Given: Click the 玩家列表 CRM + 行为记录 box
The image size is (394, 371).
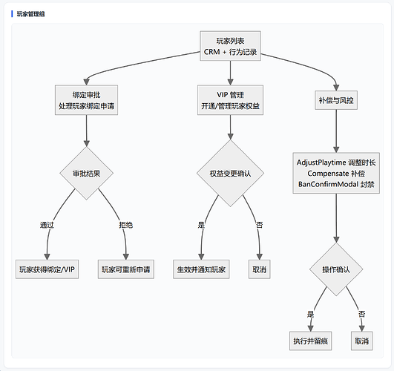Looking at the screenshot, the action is pos(230,46).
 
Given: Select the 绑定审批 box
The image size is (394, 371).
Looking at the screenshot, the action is pos(86,100).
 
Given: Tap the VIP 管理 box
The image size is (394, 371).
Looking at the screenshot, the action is pos(230,100).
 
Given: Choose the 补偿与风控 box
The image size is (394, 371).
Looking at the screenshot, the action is pos(336,100).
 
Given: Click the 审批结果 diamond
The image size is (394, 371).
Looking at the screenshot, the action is pos(86,173).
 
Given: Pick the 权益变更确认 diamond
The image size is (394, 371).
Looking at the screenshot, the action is pos(230,173).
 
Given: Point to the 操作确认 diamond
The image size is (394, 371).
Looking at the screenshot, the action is pos(336,269).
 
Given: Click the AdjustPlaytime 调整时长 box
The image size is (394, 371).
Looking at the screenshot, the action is pos(336,173).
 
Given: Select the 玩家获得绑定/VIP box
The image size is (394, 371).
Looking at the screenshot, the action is pos(47,269).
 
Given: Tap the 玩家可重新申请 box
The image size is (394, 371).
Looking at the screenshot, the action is pos(126,269).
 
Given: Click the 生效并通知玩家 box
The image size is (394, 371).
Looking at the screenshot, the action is pos(201,269).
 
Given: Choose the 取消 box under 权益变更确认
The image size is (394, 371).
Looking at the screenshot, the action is pos(259,269).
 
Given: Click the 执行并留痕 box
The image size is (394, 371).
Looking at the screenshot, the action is pos(311,341).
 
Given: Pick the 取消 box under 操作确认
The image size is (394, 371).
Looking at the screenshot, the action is pos(362,341).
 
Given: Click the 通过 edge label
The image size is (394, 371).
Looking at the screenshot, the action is pos(47,225).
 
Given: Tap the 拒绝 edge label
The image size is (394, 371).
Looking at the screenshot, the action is pos(126,225).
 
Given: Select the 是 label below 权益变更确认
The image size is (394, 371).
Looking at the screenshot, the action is pos(201,225).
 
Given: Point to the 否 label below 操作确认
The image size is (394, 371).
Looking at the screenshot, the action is pos(362,314).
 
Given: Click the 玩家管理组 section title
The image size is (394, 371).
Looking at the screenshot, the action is pos(30,14).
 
